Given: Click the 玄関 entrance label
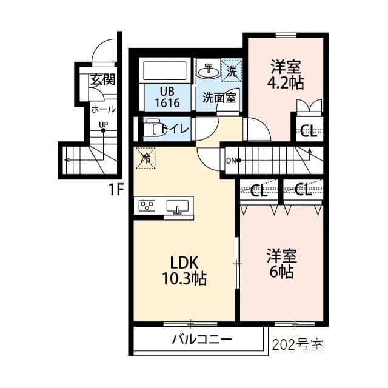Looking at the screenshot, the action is click(102, 79).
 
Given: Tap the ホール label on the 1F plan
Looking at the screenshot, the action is click(104, 109).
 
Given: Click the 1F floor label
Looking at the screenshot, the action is click(116, 190).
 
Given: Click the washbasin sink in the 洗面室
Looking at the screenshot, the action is click(209, 72).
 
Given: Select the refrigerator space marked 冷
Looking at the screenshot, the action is click(145, 158).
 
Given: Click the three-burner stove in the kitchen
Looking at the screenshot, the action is click(147, 206).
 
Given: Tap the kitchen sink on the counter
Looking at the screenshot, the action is click(178, 207).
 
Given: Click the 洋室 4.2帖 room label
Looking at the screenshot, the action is click(286, 74).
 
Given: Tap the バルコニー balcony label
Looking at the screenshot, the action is click(202, 339).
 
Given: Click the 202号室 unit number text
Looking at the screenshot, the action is click(298, 345).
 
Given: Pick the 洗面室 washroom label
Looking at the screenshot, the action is click(219, 98).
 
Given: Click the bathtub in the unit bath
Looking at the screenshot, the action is click(164, 71).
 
